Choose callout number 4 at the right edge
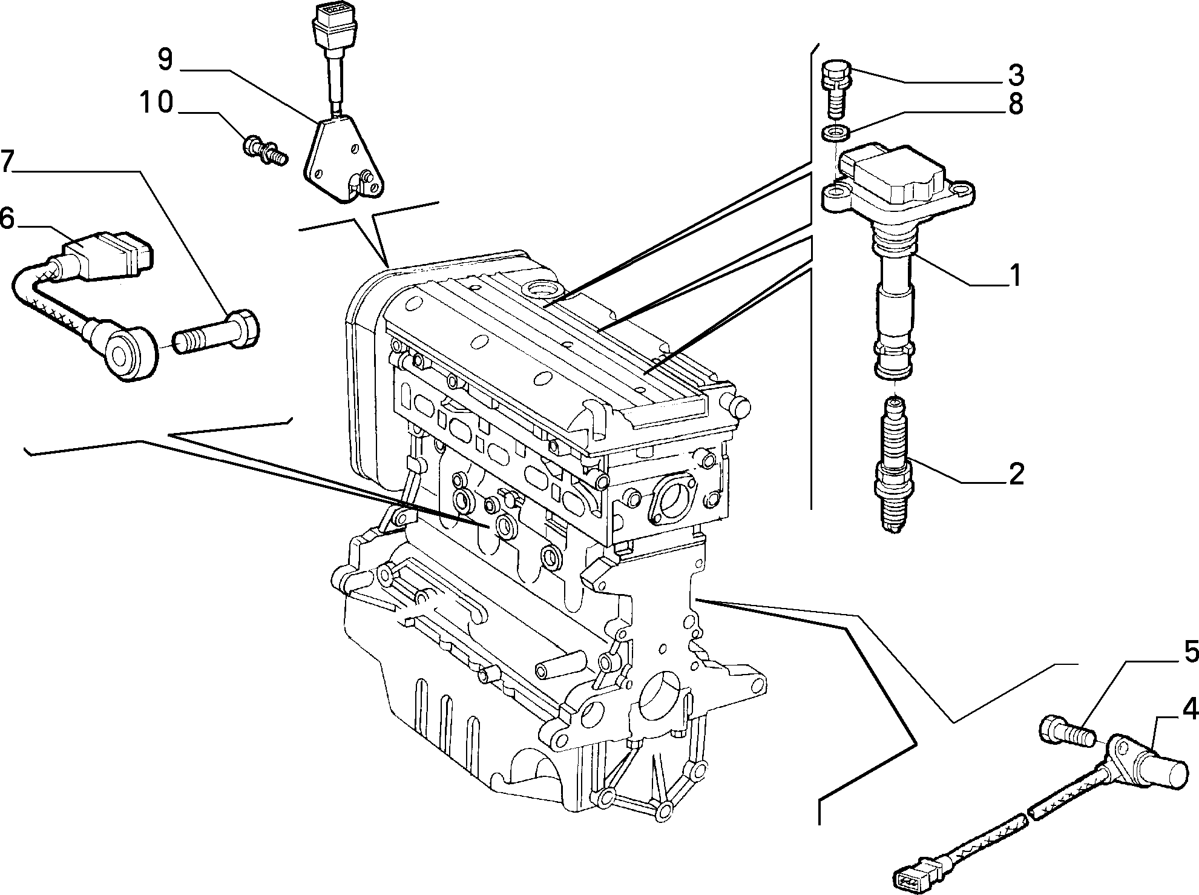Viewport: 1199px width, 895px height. pos(1190,708)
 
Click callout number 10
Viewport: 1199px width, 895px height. pos(156,103)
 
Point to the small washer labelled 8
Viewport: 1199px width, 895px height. pos(834,132)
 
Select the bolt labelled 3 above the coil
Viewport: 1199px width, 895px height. pos(835,90)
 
